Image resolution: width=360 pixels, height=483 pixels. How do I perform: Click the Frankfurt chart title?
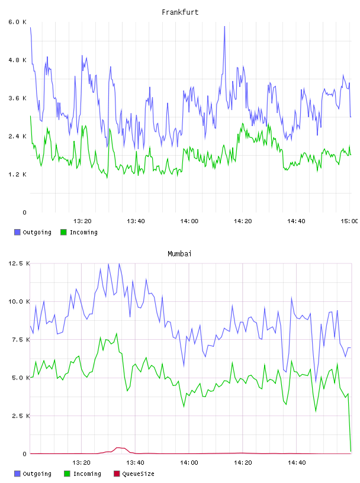click(x=180, y=12)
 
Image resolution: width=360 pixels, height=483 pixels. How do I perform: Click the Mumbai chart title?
click(x=179, y=254)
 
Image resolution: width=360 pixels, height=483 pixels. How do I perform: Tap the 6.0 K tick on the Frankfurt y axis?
click(x=18, y=22)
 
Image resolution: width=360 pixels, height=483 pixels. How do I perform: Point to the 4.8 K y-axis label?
click(x=18, y=60)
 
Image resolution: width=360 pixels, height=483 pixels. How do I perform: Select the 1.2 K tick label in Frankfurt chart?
click(x=18, y=175)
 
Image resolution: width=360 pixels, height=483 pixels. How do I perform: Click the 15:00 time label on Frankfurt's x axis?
click(x=349, y=221)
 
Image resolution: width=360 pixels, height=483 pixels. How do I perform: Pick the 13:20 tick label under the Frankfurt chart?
click(x=82, y=221)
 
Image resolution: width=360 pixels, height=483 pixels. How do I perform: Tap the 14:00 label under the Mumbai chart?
click(x=189, y=462)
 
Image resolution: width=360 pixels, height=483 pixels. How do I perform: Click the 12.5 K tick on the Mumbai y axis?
click(x=19, y=263)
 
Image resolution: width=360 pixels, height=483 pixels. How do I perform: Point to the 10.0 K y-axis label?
click(x=19, y=301)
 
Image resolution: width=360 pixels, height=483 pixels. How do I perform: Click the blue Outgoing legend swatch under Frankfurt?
click(x=17, y=232)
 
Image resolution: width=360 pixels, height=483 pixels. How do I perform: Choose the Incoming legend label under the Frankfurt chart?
click(x=83, y=232)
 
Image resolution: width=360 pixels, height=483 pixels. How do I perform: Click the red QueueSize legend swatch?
click(x=117, y=474)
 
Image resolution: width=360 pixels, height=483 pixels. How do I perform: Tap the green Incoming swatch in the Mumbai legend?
click(x=67, y=474)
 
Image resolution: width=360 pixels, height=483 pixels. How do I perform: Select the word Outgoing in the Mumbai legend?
click(x=37, y=474)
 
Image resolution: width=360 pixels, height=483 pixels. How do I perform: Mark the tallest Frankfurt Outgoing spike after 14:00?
click(x=224, y=27)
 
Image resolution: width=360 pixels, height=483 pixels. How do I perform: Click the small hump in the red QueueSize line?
click(x=118, y=448)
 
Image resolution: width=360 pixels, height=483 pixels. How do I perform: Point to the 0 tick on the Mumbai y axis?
click(x=25, y=454)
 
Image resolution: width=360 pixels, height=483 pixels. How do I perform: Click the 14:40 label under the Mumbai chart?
click(x=297, y=462)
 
